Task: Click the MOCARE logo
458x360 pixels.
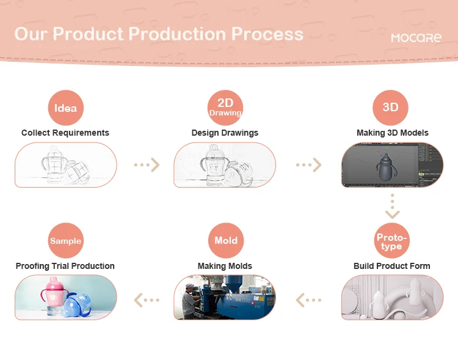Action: click(x=416, y=37)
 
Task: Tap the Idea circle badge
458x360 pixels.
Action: click(x=65, y=108)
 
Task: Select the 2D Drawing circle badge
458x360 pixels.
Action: click(x=225, y=108)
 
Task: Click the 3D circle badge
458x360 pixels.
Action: click(x=390, y=108)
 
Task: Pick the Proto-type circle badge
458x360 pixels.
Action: click(x=391, y=241)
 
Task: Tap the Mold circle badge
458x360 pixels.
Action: click(x=225, y=241)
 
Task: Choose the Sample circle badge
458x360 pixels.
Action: click(x=65, y=241)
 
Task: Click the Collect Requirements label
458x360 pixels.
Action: click(x=65, y=133)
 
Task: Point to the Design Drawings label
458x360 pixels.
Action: click(x=225, y=133)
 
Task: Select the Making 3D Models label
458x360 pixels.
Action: click(x=392, y=133)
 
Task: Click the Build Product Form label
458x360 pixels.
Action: click(x=391, y=266)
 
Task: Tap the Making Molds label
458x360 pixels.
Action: click(x=225, y=266)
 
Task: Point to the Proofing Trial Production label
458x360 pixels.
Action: click(x=65, y=266)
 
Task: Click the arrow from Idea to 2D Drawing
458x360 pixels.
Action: click(x=147, y=165)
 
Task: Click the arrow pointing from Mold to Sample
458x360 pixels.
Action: click(x=147, y=299)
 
